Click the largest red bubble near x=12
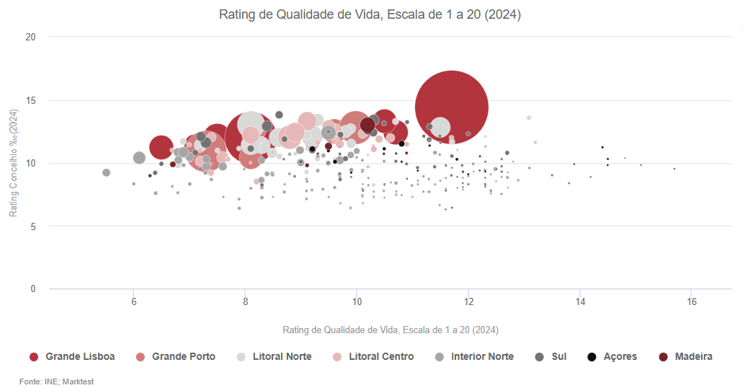coord(452,107)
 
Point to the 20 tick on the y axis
coord(31,37)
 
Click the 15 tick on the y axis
coord(31,100)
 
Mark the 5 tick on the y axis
coord(33,226)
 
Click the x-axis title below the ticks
coord(391,330)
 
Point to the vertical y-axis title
coord(13,163)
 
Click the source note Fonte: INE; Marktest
coord(56,382)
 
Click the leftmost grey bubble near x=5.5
coord(106,172)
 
